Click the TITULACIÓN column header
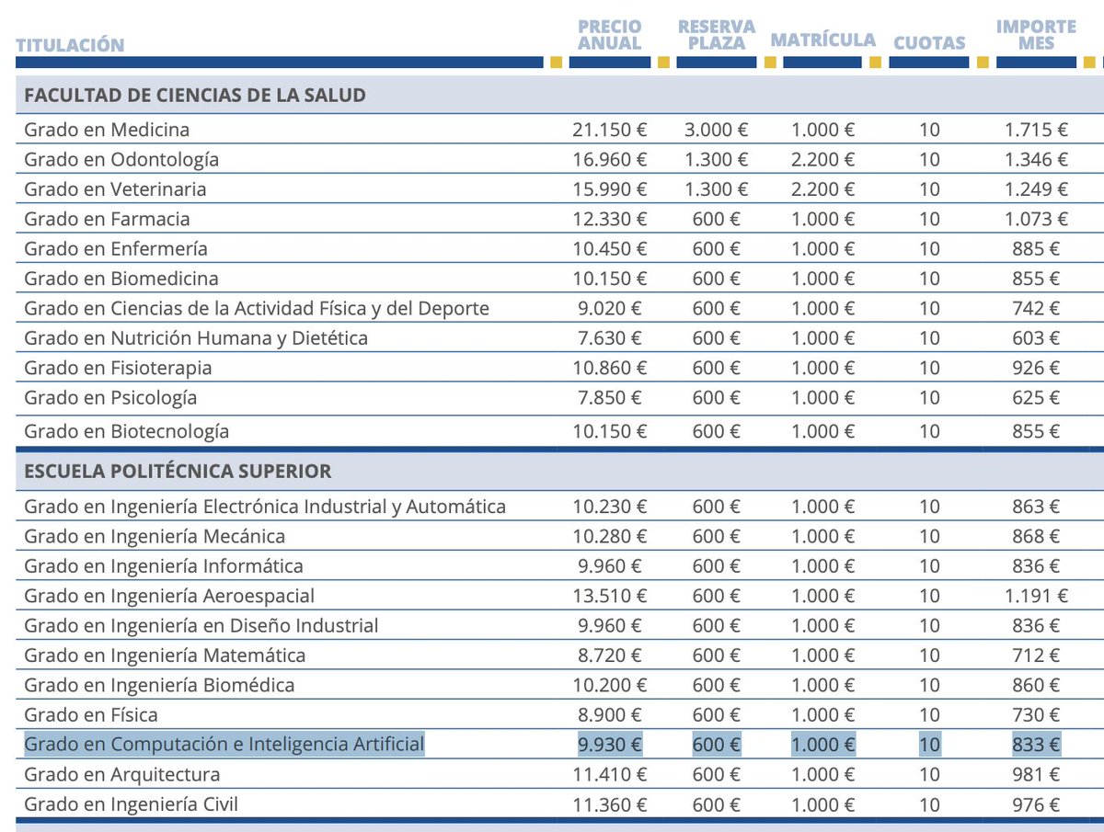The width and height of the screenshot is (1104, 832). coord(70,44)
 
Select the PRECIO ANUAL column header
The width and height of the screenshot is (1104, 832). coord(610,35)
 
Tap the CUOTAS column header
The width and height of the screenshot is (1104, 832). coord(929,42)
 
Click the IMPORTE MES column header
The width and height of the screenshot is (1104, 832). coord(1036,35)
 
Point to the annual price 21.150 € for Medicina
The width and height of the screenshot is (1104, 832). coord(610,130)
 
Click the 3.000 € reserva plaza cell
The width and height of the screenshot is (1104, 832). coord(717,130)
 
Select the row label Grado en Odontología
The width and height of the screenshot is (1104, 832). coord(121,160)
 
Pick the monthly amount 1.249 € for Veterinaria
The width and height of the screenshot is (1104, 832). coord(1036,189)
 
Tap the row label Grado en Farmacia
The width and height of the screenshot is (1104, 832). coord(107,219)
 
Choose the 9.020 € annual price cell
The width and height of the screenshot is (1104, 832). coord(610,308)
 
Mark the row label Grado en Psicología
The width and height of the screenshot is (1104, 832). coord(110,398)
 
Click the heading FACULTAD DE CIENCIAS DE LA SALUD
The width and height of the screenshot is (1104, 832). coord(195,96)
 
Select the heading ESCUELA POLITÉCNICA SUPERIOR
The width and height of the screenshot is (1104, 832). coord(178,472)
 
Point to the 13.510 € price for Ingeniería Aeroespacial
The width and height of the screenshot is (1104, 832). coord(610,596)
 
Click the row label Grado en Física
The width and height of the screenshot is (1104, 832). coord(91,715)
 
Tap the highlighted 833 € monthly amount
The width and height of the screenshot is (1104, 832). coord(1036,745)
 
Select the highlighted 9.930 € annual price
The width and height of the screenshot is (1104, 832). coord(610,745)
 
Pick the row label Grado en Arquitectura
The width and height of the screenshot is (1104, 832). coord(122,774)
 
